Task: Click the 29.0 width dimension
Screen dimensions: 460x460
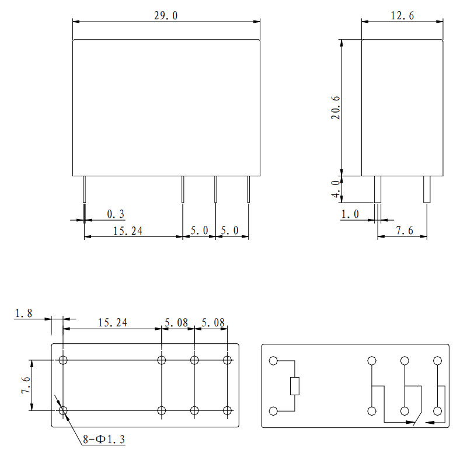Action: click(165, 16)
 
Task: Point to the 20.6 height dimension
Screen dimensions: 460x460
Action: click(335, 107)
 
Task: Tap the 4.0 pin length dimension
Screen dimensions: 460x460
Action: click(336, 189)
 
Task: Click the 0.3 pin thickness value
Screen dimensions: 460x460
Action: click(116, 215)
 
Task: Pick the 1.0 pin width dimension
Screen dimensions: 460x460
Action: click(350, 214)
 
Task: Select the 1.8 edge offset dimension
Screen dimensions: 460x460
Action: click(24, 313)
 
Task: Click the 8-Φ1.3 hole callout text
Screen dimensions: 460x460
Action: click(103, 440)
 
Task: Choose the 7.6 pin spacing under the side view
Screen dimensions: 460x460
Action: click(403, 231)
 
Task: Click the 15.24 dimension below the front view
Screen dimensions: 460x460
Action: click(128, 231)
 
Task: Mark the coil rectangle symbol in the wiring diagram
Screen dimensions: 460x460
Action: click(295, 386)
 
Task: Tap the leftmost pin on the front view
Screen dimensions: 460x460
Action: click(85, 189)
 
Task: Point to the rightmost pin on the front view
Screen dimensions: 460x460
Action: click(248, 189)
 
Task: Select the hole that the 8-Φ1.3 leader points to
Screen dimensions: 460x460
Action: click(64, 411)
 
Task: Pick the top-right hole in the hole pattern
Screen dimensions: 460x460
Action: click(227, 360)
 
